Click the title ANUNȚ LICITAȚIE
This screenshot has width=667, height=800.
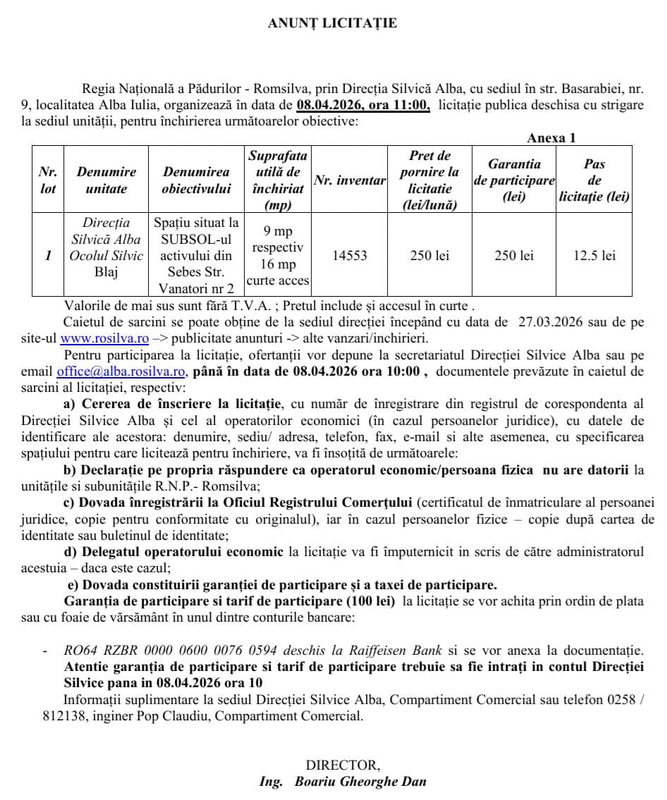coord(332,23)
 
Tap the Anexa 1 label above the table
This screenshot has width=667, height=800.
coord(551,138)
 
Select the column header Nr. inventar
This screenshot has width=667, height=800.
coord(350,180)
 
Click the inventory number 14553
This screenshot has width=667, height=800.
coord(350,255)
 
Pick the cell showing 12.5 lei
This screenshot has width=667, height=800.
coord(594,255)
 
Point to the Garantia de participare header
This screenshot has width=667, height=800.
coord(514,180)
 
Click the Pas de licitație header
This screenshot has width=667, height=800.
coord(594,180)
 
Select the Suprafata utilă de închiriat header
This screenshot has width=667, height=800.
coord(277,180)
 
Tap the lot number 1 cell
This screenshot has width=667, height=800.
coord(48,255)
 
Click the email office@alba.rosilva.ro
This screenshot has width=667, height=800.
coord(121,371)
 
